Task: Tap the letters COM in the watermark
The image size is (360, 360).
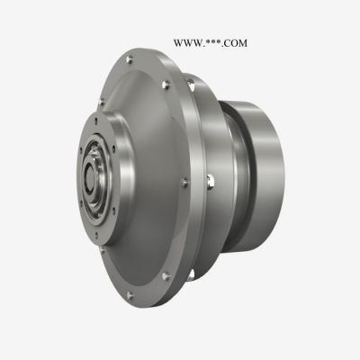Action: (x=235, y=43)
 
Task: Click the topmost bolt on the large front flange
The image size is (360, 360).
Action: (x=130, y=59)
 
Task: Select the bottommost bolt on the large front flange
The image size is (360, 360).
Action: (x=130, y=295)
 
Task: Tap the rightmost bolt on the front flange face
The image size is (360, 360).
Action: (x=184, y=183)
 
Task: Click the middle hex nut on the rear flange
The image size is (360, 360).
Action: (x=211, y=182)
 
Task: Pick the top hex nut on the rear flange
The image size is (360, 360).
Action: (x=190, y=85)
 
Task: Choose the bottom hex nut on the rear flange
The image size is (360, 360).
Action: (x=191, y=275)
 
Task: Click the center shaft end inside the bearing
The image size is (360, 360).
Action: (x=90, y=177)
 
